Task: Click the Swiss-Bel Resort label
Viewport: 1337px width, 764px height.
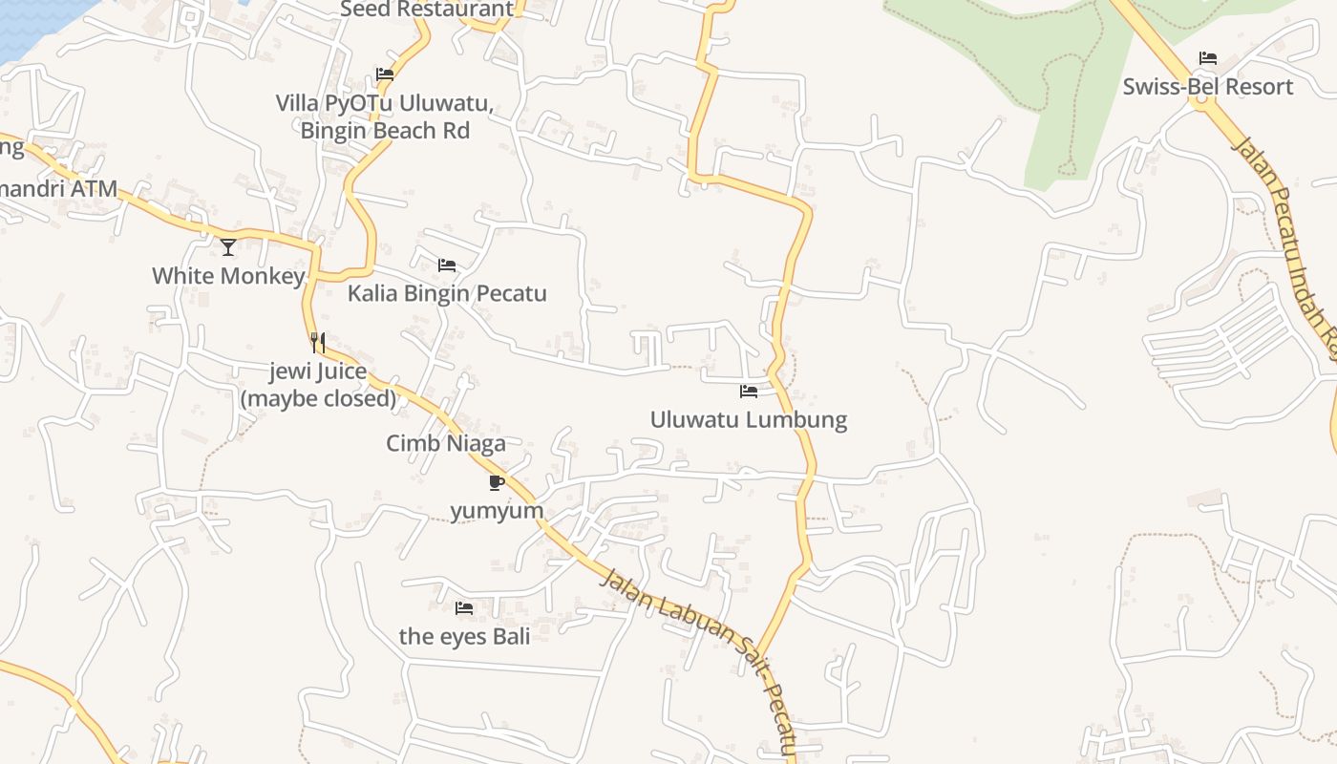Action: pos(1207,87)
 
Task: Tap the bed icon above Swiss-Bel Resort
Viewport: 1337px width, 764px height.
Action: pos(1207,58)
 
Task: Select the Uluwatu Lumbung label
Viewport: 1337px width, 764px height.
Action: pos(748,419)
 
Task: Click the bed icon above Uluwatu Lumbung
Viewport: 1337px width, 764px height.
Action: pos(748,392)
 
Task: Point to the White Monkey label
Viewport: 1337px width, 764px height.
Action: pos(228,276)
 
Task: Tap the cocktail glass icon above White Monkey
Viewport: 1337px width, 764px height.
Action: pos(228,247)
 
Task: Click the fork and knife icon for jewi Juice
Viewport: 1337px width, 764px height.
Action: pos(318,342)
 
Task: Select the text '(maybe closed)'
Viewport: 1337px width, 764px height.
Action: pos(318,398)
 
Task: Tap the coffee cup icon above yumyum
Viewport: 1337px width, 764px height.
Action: pos(496,482)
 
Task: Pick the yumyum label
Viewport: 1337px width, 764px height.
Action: pos(497,511)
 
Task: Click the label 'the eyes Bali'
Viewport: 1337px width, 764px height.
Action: pos(464,636)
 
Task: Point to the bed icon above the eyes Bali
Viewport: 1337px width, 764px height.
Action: pos(464,607)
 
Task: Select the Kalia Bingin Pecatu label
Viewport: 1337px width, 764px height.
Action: pos(446,293)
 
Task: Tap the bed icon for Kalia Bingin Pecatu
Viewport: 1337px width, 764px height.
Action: pos(446,265)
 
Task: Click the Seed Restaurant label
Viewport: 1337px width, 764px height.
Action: pos(427,10)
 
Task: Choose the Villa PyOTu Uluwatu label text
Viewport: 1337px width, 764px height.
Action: pos(384,103)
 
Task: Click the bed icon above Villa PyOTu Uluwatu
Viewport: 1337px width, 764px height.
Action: pos(385,74)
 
